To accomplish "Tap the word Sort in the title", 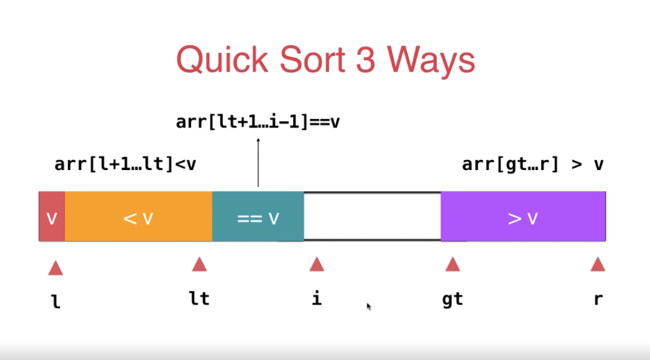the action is coord(312,59).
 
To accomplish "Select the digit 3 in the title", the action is coord(366,59).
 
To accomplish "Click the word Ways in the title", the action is coord(431,61).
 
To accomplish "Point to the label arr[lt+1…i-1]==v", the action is coord(258,122).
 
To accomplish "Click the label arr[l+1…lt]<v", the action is coord(125,164).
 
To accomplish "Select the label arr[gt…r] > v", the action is coord(533,164).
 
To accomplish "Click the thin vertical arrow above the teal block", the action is coord(258,163).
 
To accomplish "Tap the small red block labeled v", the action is coord(52,216).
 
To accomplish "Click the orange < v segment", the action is coord(139,216).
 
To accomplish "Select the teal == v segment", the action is coord(258,216).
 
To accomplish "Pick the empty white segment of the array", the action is coord(373,216).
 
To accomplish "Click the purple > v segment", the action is coord(523,216).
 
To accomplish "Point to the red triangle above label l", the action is coord(55,269).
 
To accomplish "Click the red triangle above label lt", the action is coord(199,264).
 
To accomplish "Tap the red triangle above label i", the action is coord(317,264).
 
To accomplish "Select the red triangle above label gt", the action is coord(453,264).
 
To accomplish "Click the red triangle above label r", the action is coord(598,264).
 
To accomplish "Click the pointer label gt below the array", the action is coord(452,299).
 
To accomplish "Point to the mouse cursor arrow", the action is coord(369,306).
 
